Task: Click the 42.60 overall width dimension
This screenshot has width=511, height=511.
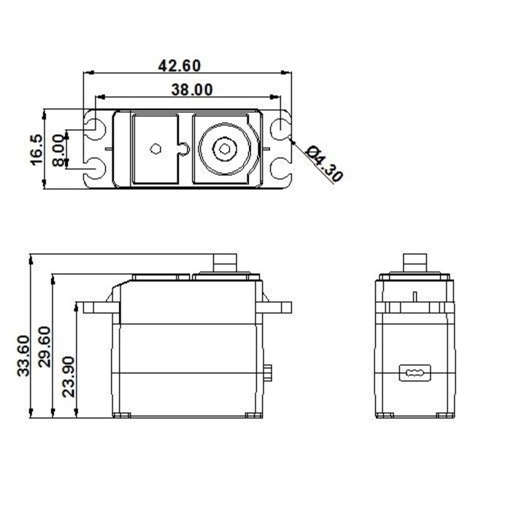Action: (180, 65)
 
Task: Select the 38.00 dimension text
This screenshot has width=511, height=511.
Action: (186, 90)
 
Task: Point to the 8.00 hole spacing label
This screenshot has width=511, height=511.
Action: (58, 150)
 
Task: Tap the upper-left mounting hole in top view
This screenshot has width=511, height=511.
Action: (96, 129)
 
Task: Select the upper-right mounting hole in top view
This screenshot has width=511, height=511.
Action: (280, 129)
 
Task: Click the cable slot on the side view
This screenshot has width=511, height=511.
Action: (413, 373)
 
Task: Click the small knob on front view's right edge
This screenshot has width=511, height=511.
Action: (269, 374)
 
